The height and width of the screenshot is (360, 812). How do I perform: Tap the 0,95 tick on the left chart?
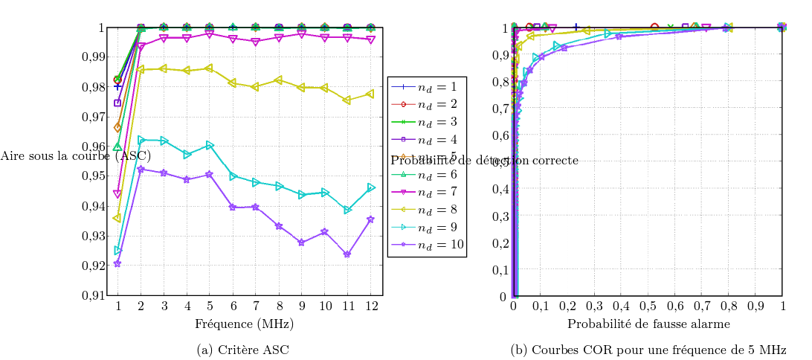[93, 176]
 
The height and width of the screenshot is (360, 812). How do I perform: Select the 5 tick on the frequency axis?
[210, 306]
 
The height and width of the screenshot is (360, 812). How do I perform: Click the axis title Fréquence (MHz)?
[244, 324]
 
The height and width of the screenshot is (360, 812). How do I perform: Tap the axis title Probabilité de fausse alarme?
[648, 324]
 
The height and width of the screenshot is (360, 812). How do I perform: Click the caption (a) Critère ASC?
[244, 350]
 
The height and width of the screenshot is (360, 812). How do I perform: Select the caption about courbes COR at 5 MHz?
[648, 350]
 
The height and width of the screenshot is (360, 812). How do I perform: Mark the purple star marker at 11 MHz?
[347, 254]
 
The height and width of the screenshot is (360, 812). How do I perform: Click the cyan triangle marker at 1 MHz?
[117, 250]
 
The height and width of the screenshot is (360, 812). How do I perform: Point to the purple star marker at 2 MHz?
[141, 169]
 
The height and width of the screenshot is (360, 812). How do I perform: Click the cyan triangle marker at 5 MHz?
[210, 145]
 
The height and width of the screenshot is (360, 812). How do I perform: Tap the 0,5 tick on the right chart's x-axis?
[648, 306]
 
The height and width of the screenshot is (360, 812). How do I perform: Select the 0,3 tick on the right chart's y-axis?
[500, 216]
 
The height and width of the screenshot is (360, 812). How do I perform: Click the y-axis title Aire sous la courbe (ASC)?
[75, 155]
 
